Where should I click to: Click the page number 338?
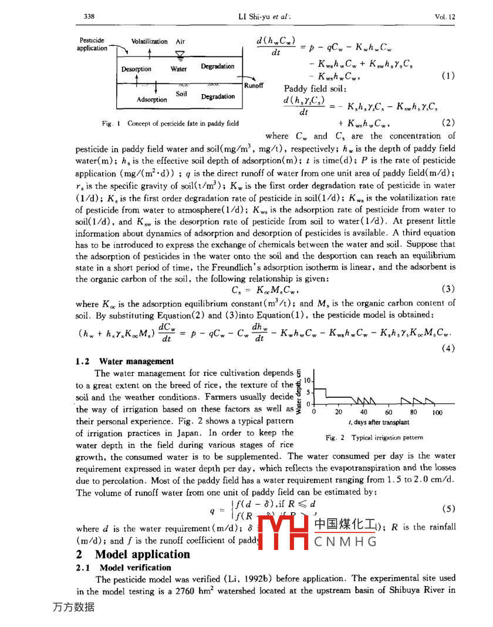click(90, 17)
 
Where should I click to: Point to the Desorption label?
click(136, 69)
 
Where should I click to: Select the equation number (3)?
click(448, 289)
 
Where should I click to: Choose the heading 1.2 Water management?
click(125, 360)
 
